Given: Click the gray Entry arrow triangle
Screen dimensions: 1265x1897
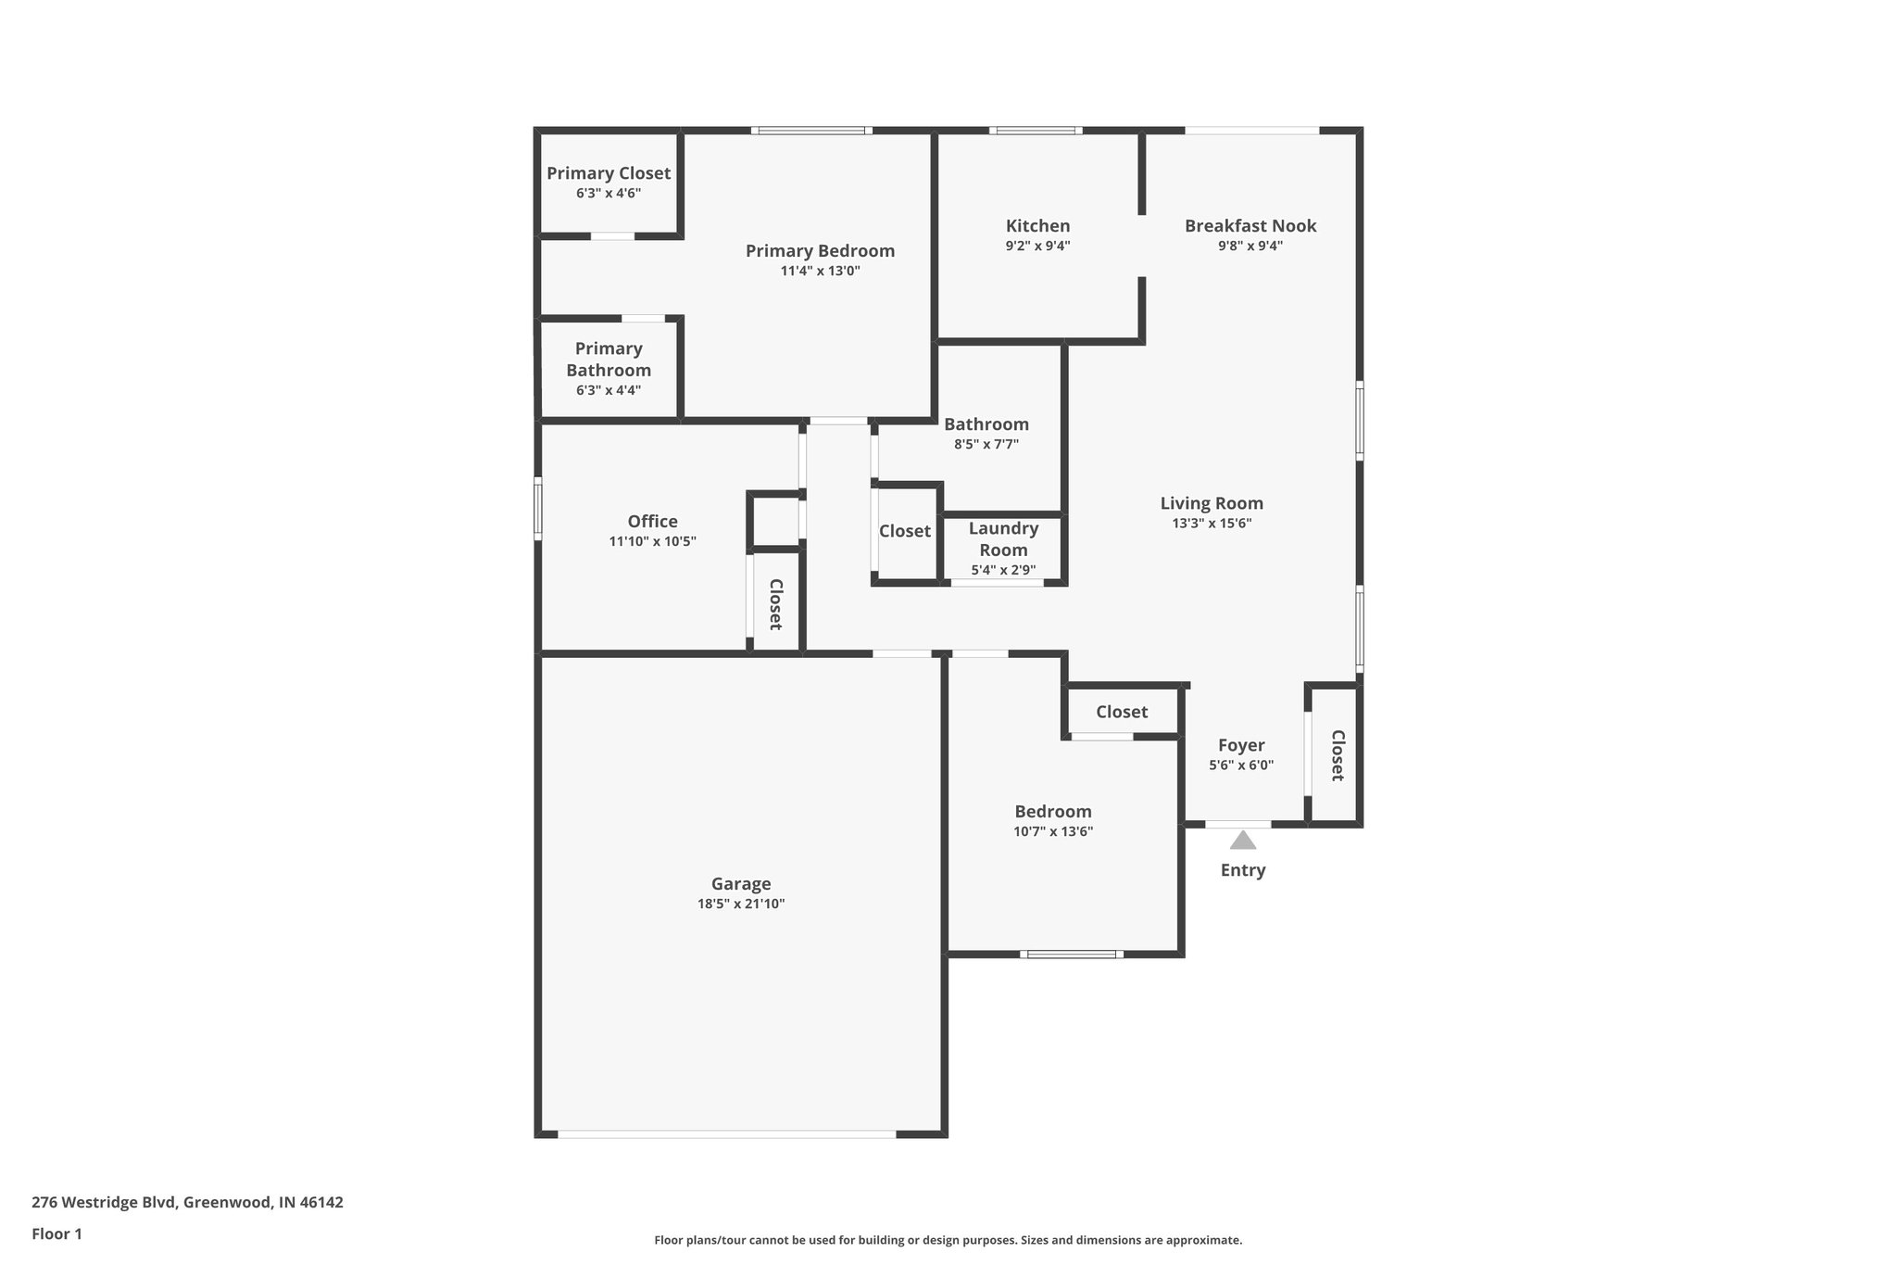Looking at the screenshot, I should [1242, 841].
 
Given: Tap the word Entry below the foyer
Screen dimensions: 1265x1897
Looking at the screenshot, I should [1242, 870].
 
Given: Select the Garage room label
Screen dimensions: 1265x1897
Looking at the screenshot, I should [740, 884].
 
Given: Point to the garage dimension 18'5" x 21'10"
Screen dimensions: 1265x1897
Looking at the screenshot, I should [740, 904].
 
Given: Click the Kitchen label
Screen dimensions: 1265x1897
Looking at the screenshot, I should [1037, 225].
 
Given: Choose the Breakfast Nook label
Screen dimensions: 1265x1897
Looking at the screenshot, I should [1250, 225].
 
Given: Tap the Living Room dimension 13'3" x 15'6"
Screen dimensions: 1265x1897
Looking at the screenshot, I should [1212, 523].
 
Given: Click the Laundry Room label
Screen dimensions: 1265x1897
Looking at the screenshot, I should [1003, 538].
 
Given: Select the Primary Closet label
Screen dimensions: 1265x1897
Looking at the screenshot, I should [609, 173].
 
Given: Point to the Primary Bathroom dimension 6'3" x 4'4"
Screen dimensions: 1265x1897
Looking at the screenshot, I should [609, 390].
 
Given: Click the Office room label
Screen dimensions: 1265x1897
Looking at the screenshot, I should [652, 521].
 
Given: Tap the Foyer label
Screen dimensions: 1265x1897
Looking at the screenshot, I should [1240, 745].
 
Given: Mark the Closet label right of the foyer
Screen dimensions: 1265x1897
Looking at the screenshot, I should [1338, 755].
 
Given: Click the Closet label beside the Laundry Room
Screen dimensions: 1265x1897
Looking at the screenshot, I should [904, 531].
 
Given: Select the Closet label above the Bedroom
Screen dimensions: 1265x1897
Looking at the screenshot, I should [1121, 712].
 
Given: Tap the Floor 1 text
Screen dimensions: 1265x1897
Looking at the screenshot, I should [57, 1233].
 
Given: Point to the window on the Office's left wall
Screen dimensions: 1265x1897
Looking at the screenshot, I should [537, 508].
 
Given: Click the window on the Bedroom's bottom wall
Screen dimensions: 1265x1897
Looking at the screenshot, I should [1072, 954].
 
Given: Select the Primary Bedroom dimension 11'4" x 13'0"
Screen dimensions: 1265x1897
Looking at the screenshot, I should [820, 271].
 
